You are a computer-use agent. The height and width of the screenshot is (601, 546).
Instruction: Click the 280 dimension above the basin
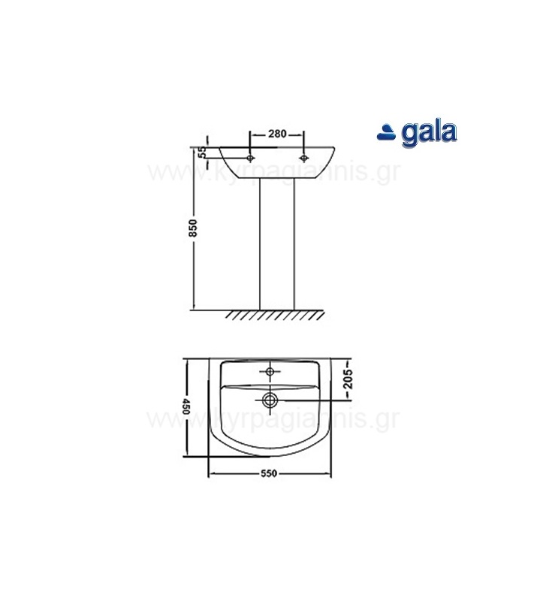(277, 134)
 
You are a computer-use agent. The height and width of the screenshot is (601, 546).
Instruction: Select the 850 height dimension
(192, 228)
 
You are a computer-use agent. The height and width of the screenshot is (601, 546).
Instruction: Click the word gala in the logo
(429, 133)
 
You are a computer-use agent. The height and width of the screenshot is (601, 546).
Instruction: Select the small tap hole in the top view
(270, 371)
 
